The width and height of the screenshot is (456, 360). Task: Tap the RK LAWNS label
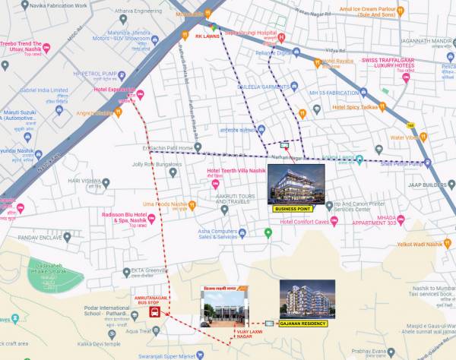pos(207,36)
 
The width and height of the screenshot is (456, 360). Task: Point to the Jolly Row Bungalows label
pos(157,163)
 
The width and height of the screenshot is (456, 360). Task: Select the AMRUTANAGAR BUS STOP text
pos(153,300)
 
